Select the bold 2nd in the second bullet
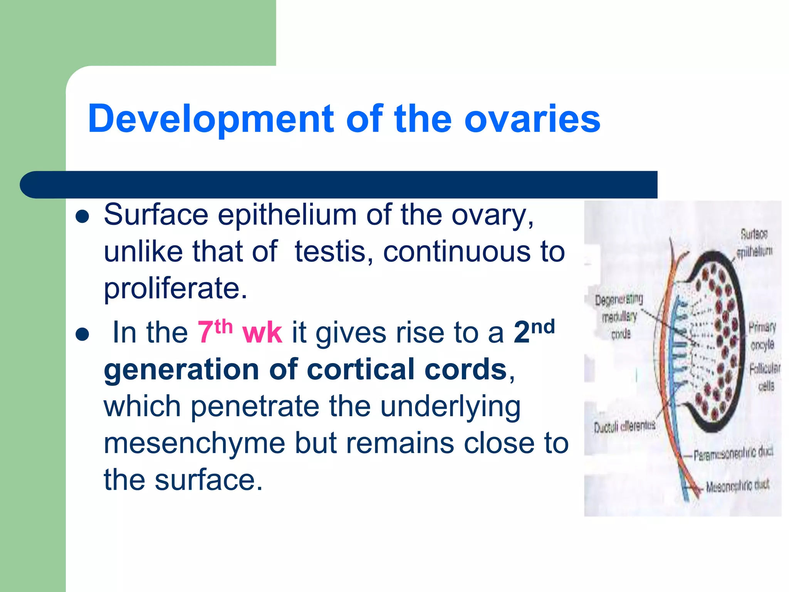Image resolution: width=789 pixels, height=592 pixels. pyautogui.click(x=534, y=331)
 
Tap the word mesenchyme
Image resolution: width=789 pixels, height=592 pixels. pyautogui.click(x=194, y=443)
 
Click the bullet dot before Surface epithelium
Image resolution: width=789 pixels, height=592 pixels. pyautogui.click(x=82, y=217)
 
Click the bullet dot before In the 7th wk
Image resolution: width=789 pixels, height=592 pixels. pyautogui.click(x=82, y=334)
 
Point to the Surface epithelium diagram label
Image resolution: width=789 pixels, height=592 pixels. pyautogui.click(x=754, y=243)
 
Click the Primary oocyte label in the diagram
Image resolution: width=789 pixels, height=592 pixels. pyautogui.click(x=762, y=335)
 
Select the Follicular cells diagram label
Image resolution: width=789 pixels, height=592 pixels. pyautogui.click(x=765, y=377)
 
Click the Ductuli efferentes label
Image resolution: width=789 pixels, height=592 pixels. pyautogui.click(x=624, y=427)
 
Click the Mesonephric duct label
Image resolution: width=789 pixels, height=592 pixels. pyautogui.click(x=737, y=486)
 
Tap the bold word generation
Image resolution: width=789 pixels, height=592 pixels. pyautogui.click(x=181, y=369)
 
